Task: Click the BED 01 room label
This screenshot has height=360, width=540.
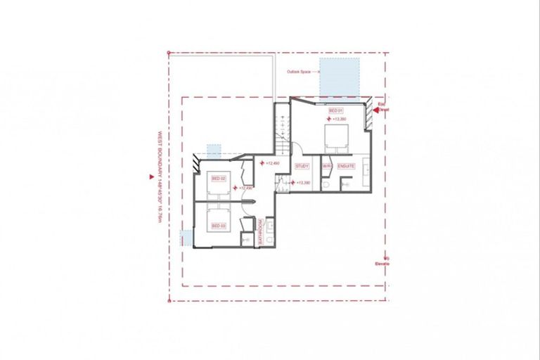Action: (336, 111)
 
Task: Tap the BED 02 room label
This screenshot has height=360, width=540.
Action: (218, 179)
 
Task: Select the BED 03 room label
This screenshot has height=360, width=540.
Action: (218, 225)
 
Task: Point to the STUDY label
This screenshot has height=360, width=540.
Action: (302, 166)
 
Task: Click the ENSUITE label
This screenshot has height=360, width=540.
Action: (345, 166)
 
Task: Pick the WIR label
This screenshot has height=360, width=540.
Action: (326, 166)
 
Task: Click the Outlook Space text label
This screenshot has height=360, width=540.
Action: (299, 72)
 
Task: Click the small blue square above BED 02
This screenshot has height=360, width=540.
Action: (214, 150)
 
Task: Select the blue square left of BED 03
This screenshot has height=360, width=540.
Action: (186, 238)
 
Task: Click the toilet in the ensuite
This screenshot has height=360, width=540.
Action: (326, 184)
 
